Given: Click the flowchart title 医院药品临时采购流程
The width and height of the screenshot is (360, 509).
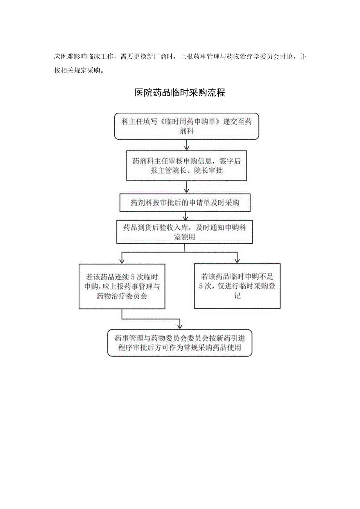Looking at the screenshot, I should click(180, 93).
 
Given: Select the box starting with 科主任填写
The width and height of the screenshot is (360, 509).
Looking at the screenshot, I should click(186, 126).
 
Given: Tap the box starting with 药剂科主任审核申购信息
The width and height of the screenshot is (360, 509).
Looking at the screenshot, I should click(186, 166).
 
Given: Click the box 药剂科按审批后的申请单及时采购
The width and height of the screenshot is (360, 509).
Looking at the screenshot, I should click(185, 203).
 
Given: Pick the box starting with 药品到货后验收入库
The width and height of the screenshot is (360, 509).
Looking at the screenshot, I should click(184, 232).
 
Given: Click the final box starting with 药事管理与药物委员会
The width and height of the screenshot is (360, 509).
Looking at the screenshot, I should click(180, 342).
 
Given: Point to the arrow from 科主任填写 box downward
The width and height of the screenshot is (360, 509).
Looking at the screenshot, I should click(187, 145).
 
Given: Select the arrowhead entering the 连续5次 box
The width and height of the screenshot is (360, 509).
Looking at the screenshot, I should click(122, 260).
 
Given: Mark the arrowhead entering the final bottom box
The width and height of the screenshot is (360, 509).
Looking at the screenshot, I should click(180, 326).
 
